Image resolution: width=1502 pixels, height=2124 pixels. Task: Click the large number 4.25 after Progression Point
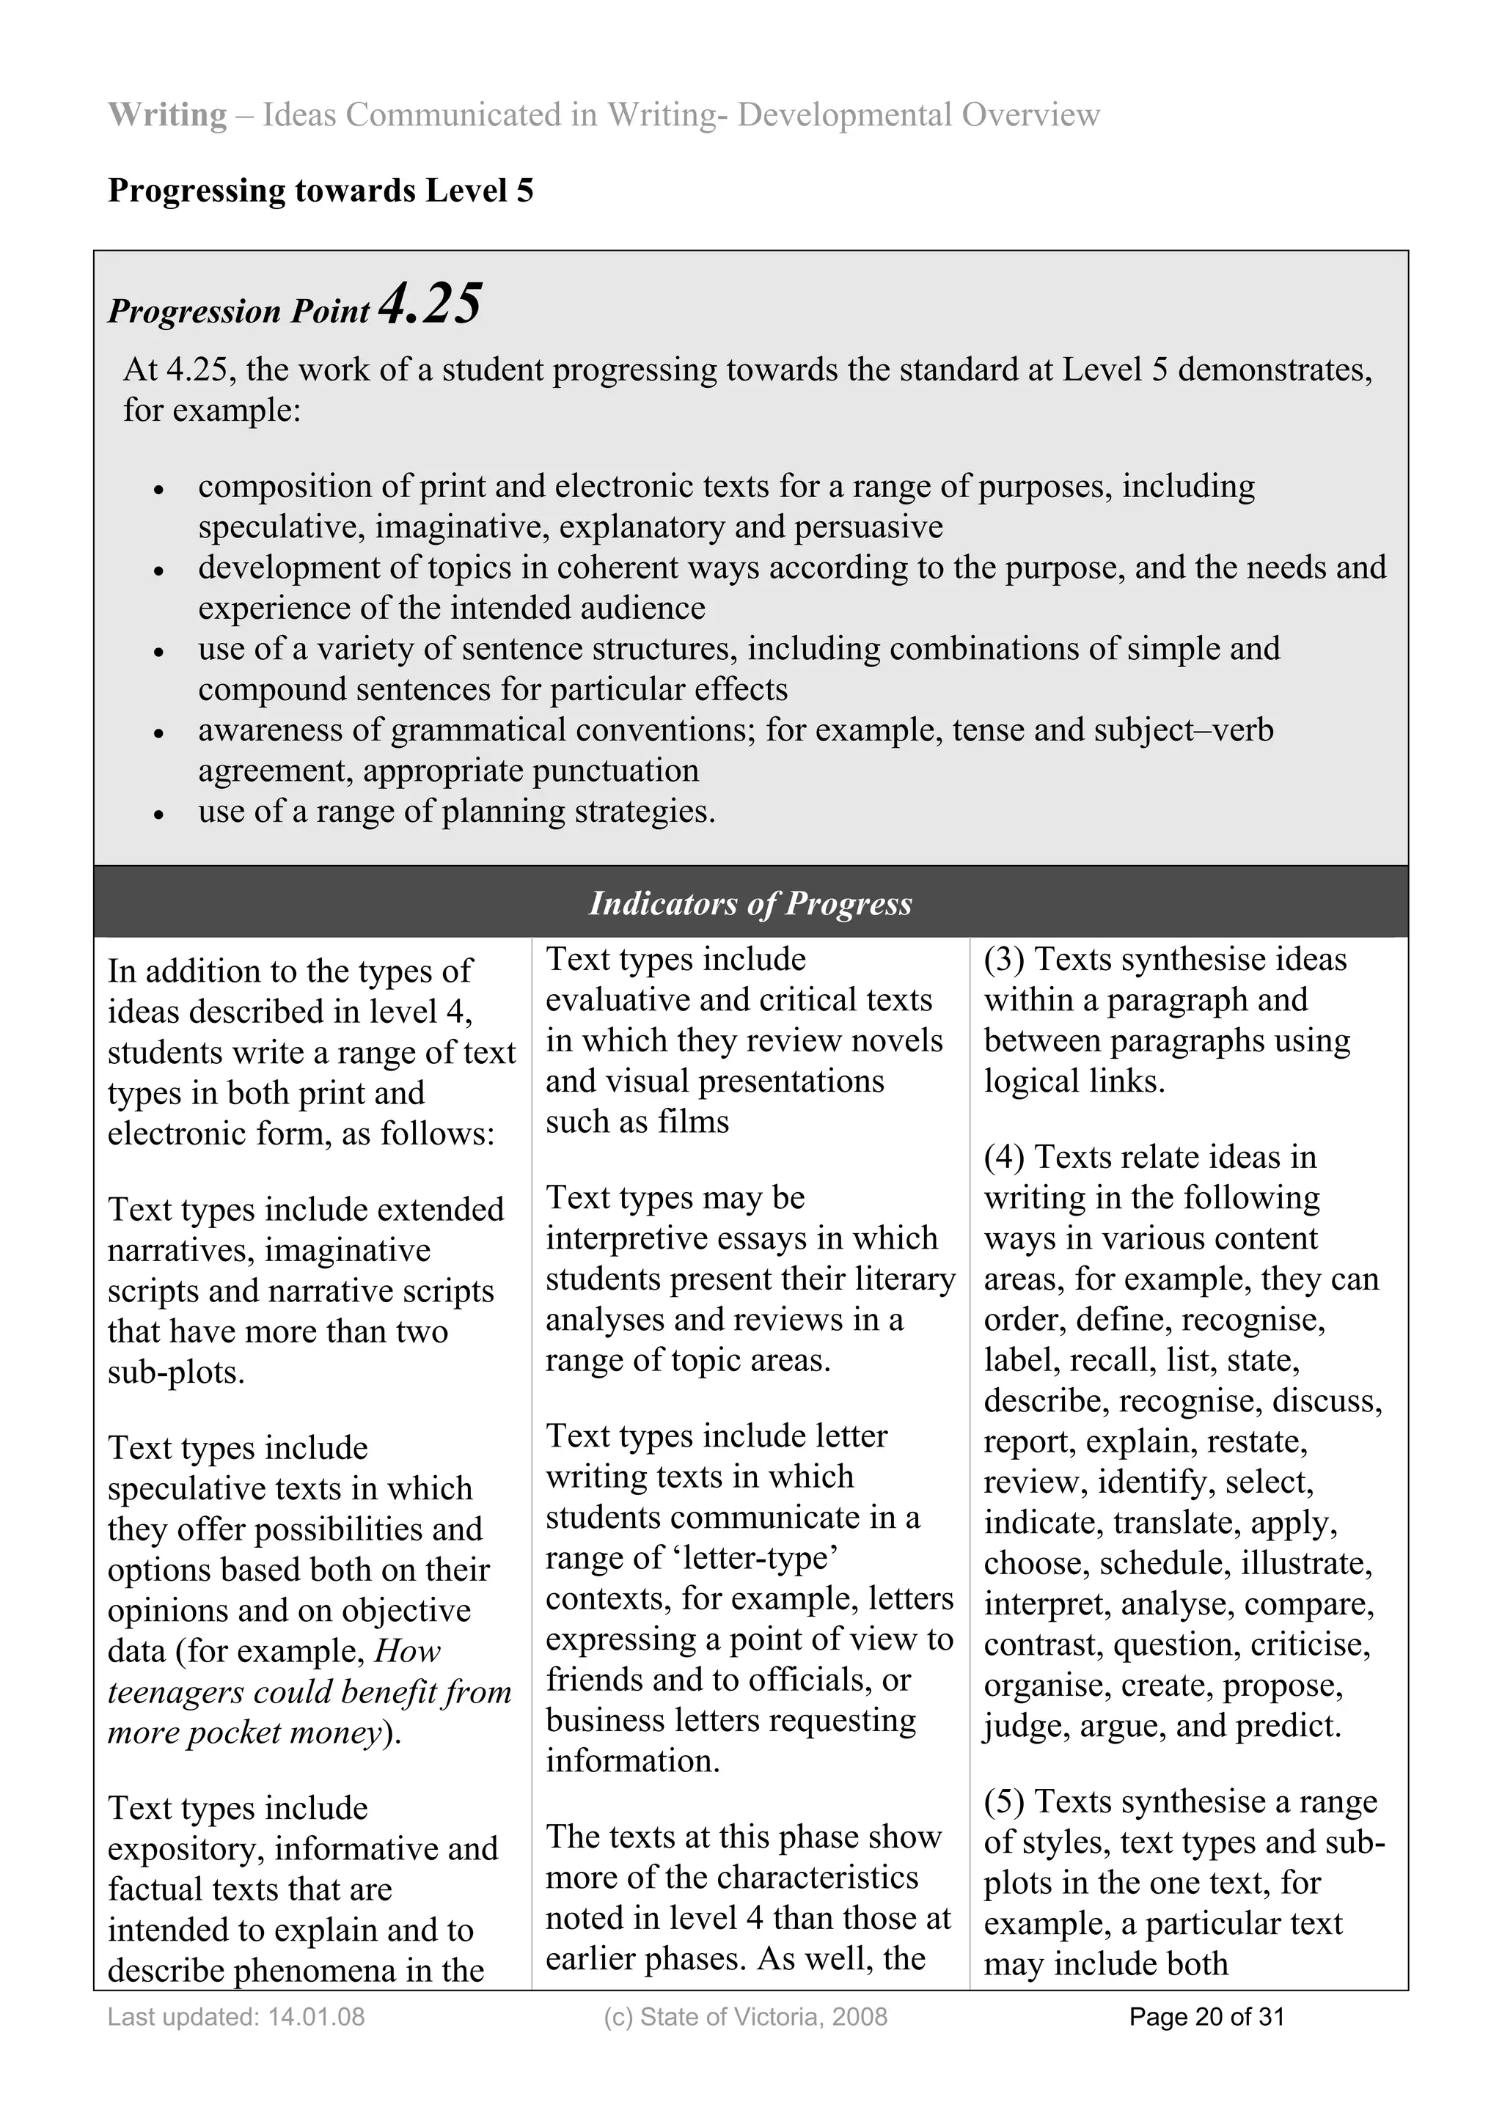click(431, 304)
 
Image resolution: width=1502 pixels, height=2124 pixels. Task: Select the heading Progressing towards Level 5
click(320, 191)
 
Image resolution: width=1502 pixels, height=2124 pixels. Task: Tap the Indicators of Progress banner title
click(750, 903)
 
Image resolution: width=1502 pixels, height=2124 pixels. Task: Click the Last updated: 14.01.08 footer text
click(236, 2017)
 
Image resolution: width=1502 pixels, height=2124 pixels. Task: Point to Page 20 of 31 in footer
click(1206, 2017)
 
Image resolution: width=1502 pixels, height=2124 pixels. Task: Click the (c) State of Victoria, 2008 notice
click(745, 2017)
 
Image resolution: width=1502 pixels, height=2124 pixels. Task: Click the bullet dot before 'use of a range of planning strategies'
click(159, 815)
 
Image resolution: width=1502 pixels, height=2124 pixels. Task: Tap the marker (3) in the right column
click(1004, 959)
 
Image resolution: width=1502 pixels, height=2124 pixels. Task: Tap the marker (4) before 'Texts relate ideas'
click(1004, 1157)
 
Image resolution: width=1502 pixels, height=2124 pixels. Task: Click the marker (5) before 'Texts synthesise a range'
click(1004, 1801)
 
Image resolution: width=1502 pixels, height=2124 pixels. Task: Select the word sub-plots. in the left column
click(176, 1372)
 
